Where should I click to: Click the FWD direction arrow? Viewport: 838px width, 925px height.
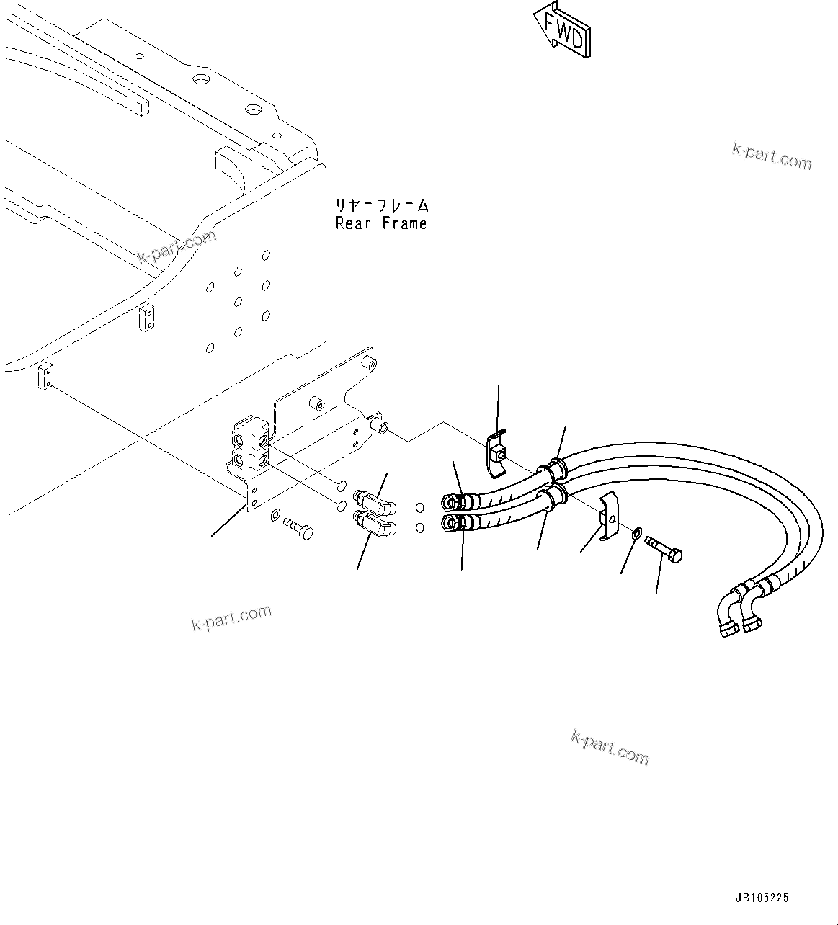pos(563,30)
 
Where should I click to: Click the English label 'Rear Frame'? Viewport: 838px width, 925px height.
pos(381,223)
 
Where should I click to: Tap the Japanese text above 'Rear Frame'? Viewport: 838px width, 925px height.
pos(382,205)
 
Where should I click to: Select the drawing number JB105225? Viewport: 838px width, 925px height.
pos(762,898)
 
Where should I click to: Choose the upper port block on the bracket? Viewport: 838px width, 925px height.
pos(249,436)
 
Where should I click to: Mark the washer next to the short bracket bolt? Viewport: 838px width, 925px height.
pos(276,515)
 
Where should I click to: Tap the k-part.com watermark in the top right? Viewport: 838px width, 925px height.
pos(772,156)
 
